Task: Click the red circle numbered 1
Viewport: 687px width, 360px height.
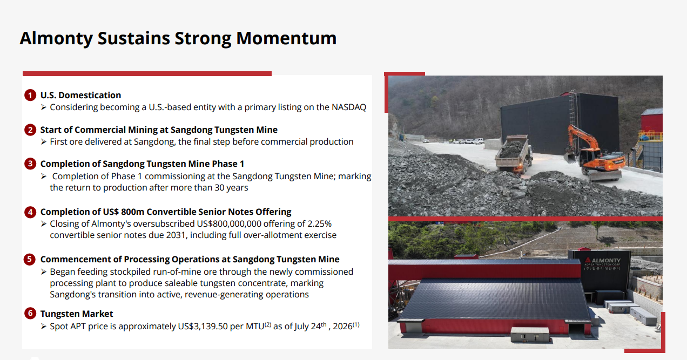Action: click(x=30, y=96)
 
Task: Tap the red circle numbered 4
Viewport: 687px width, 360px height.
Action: click(x=30, y=212)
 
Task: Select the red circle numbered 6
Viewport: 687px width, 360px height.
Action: click(x=30, y=314)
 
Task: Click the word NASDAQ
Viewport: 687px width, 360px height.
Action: click(x=349, y=107)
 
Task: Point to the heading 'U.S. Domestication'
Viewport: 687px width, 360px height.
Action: click(x=80, y=96)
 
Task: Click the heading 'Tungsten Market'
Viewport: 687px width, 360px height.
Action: click(x=77, y=314)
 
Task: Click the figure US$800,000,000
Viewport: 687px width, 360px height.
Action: click(x=229, y=223)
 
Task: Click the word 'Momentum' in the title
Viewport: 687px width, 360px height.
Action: click(x=286, y=38)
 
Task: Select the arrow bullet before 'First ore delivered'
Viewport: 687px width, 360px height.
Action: click(x=44, y=142)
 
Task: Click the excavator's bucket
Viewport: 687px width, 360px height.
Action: click(x=570, y=158)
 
